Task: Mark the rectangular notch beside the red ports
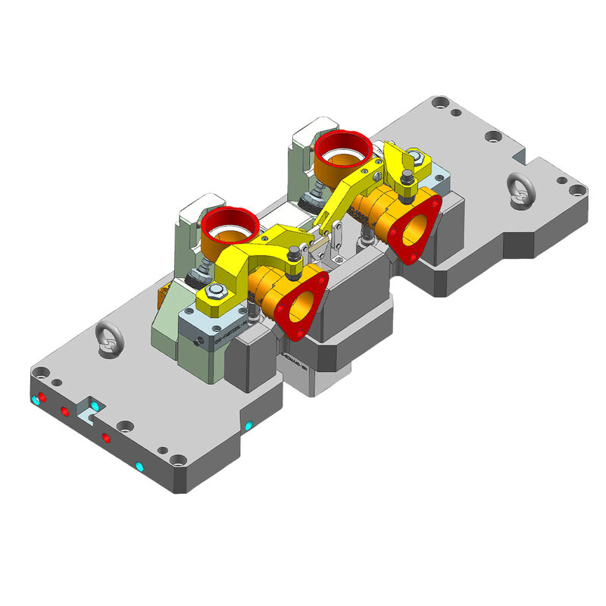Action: pyautogui.click(x=92, y=405)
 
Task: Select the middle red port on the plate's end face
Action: pyautogui.click(x=65, y=411)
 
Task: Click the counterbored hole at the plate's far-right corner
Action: pyautogui.click(x=577, y=189)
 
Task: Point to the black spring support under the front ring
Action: pyautogui.click(x=204, y=272)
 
